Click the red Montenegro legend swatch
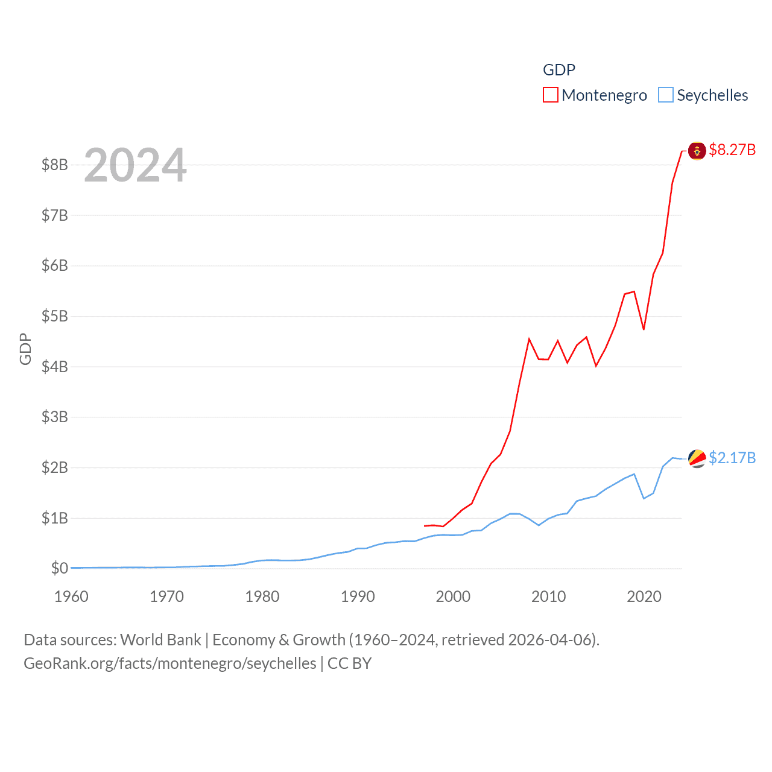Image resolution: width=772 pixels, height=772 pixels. [x=550, y=95]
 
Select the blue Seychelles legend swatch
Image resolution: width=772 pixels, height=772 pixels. [x=665, y=95]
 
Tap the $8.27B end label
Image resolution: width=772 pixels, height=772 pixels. [x=732, y=150]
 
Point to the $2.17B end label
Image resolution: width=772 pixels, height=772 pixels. [x=732, y=458]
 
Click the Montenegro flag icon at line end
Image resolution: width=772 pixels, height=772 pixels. [x=697, y=150]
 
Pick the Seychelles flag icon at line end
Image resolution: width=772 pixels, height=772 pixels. [x=697, y=458]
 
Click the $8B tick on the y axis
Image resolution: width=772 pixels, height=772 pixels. [x=54, y=165]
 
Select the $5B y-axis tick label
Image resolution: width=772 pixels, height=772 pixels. [x=54, y=316]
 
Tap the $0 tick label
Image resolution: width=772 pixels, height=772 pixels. [x=59, y=568]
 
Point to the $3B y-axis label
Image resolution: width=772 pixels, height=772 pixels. [x=54, y=417]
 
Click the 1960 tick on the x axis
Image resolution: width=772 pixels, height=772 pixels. [x=71, y=596]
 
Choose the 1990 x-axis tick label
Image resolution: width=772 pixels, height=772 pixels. [x=358, y=596]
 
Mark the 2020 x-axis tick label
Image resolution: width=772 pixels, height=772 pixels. [x=644, y=596]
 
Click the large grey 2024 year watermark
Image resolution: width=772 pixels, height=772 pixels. [x=135, y=165]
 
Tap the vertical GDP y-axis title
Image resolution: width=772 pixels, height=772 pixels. [x=25, y=349]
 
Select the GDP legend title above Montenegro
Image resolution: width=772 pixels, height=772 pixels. [x=558, y=70]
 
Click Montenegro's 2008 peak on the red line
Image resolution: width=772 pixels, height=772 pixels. [x=529, y=339]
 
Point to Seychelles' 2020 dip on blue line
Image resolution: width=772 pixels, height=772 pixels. [x=644, y=498]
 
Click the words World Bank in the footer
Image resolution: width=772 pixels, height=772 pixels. [x=160, y=639]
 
